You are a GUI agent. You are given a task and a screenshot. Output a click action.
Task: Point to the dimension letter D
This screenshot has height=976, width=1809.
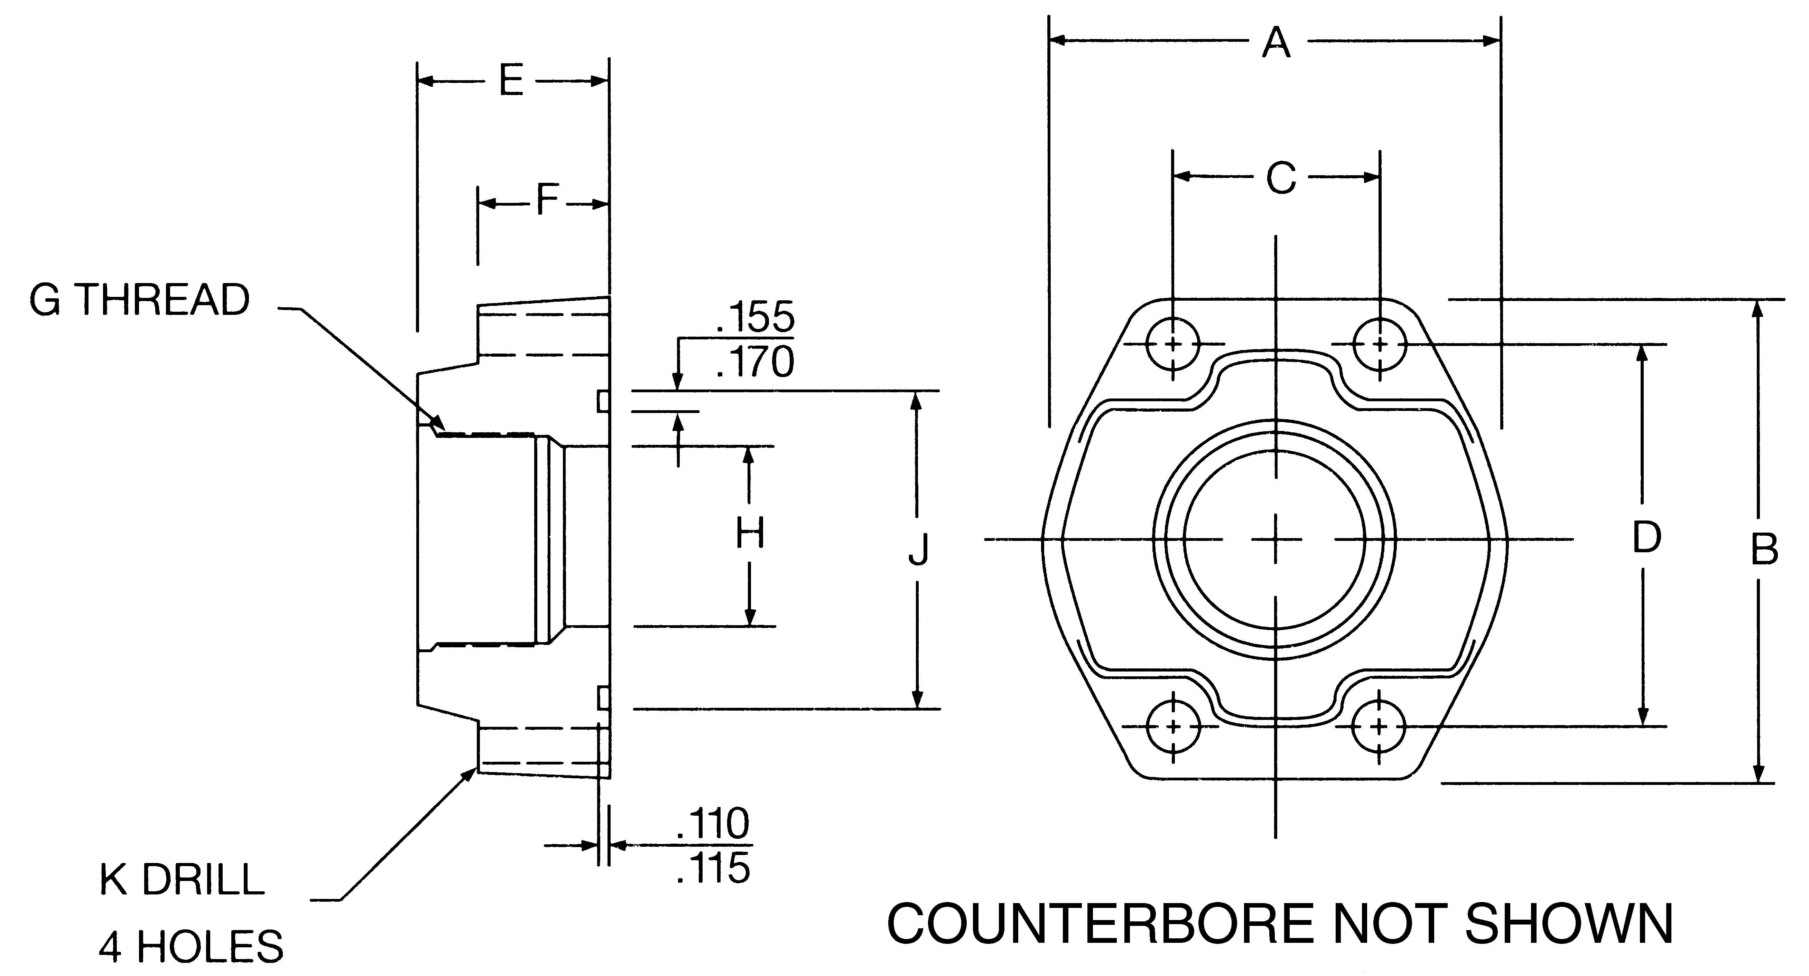point(1646,538)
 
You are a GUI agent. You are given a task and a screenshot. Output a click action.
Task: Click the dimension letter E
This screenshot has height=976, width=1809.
point(511,82)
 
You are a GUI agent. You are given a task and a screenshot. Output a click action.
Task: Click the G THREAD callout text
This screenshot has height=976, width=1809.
point(139,301)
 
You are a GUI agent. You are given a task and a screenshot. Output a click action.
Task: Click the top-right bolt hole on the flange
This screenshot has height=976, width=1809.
point(1380,344)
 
